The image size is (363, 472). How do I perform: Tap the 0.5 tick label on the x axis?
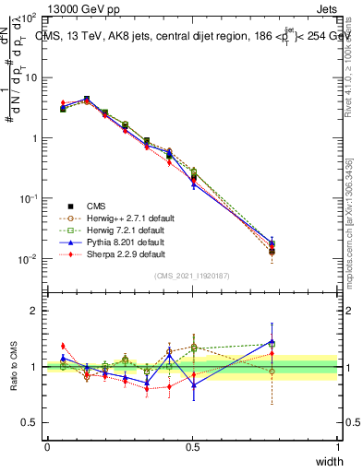[x=192, y=447]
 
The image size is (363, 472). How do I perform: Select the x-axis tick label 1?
[x=338, y=447]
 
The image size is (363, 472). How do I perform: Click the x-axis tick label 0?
[x=47, y=447]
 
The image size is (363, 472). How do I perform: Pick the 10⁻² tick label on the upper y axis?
[x=29, y=259]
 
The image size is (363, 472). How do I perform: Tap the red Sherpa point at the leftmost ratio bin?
[x=63, y=346]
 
